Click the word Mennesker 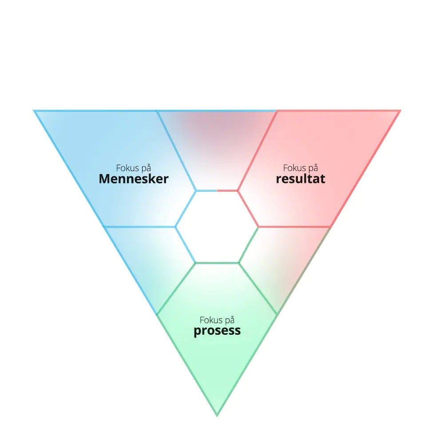click(x=134, y=179)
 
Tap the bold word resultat click(x=301, y=179)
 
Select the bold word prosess click(x=217, y=331)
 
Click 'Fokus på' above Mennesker click(x=134, y=168)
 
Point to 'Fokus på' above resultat click(x=301, y=168)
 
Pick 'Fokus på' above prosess click(x=217, y=320)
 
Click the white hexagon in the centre click(x=217, y=226)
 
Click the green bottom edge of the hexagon click(x=217, y=263)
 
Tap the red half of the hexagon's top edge click(x=227, y=190)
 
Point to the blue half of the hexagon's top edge click(x=206, y=190)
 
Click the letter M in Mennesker click(x=105, y=179)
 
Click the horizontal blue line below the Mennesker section click(x=140, y=227)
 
